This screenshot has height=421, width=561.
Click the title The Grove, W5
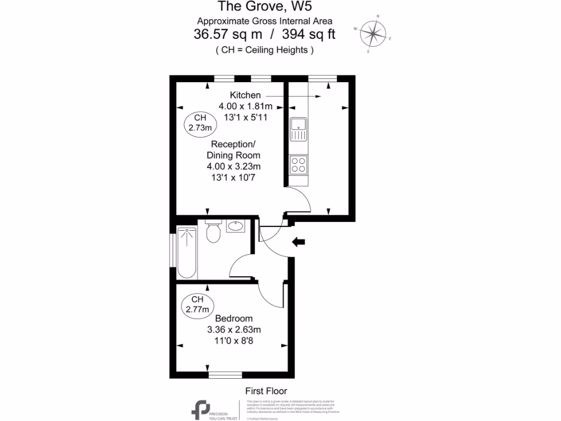265,7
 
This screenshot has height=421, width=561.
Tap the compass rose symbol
373,34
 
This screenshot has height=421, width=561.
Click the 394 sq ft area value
308,35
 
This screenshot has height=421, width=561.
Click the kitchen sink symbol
299,129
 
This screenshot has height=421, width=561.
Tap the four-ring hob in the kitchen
299,164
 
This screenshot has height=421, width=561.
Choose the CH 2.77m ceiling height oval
198,304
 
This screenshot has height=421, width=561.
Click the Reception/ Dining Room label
233,150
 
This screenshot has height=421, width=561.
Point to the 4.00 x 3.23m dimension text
233,166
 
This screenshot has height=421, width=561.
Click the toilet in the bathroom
213,232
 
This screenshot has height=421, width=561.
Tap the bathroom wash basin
236,225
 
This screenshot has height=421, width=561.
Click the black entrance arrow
299,242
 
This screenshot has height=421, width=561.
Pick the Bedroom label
233,318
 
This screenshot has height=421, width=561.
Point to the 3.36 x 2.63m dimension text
233,329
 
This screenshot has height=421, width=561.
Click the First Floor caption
265,391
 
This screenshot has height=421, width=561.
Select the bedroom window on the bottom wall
225,374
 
